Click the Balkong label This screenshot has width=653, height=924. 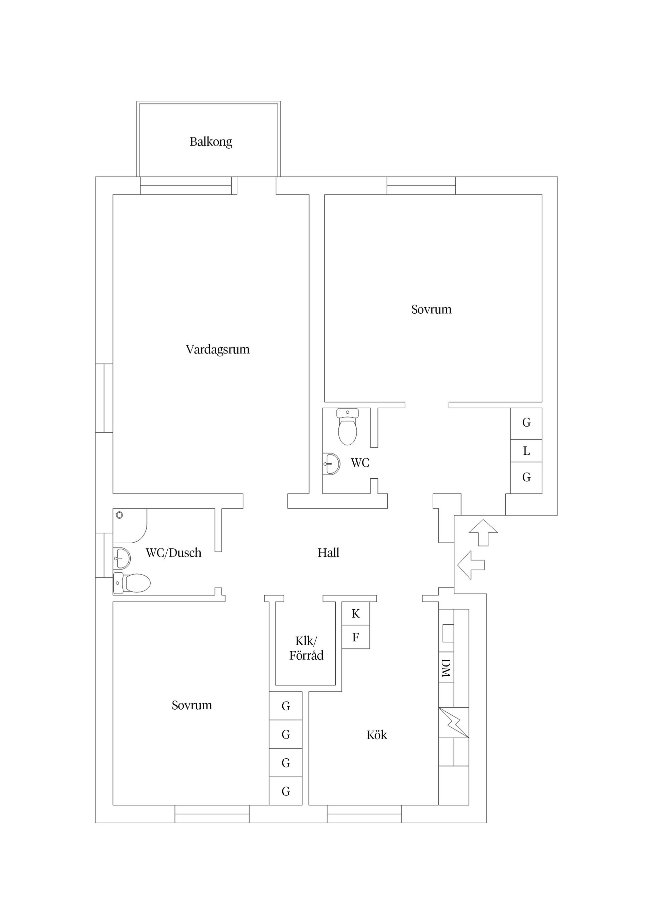tap(211, 142)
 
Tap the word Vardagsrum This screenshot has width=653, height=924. tap(218, 349)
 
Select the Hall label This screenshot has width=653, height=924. tap(328, 552)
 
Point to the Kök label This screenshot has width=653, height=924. tap(376, 735)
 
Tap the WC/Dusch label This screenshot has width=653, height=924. tap(173, 552)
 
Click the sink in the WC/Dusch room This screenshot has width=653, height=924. tap(121, 558)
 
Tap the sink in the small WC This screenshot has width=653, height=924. tap(332, 464)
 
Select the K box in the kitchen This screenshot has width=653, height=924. tap(356, 614)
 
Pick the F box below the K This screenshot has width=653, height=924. tap(356, 637)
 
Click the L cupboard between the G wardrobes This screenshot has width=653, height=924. tap(526, 451)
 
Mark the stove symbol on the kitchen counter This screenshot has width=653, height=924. tap(453, 722)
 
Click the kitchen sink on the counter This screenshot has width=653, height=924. tap(448, 633)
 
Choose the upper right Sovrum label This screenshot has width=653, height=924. tap(431, 310)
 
